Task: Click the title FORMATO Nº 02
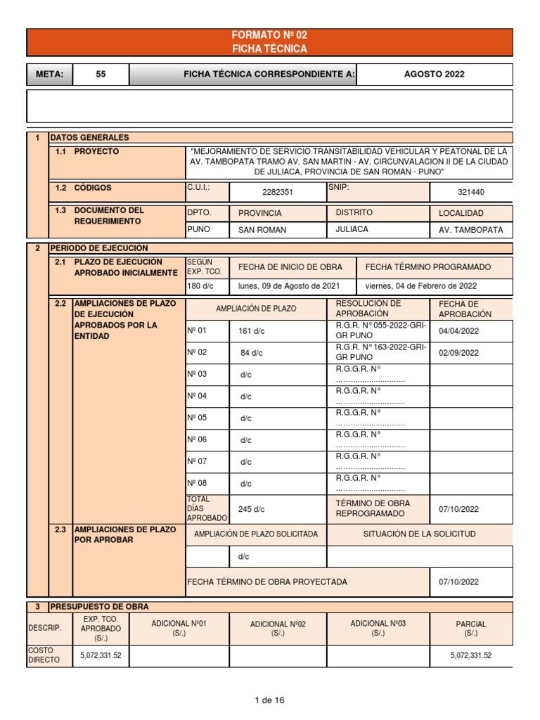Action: pos(269,35)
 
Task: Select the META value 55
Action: pos(101,75)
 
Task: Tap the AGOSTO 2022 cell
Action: pos(434,75)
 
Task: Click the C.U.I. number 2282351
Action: pos(277,192)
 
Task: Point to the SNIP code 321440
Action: pos(470,192)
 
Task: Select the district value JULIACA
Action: pos(352,229)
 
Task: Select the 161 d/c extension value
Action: pos(252,330)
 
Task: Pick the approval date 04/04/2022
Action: pos(458,330)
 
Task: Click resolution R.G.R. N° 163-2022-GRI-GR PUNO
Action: pos(380,352)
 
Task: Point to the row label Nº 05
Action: pos(197,418)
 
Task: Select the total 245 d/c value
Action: pos(252,509)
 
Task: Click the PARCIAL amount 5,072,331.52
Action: pos(470,655)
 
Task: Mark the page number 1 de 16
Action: pos(269,700)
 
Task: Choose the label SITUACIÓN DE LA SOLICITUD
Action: pos(419,534)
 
